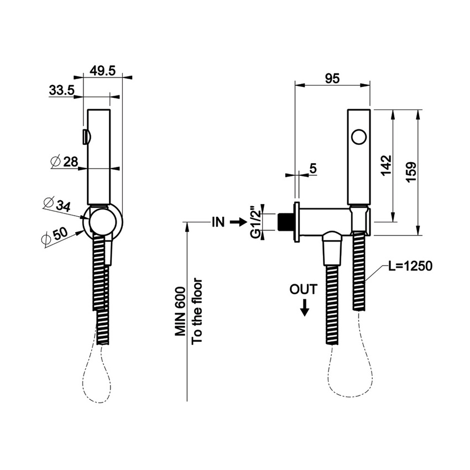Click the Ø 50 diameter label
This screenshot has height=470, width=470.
[55, 236]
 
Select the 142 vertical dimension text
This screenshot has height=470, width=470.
[387, 165]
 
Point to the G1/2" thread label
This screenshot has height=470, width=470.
[255, 222]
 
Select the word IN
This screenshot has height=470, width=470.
[217, 222]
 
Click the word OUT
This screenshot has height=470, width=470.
[304, 289]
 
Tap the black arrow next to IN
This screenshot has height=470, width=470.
[237, 222]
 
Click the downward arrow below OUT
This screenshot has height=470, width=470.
[304, 309]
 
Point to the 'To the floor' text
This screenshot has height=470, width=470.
[197, 311]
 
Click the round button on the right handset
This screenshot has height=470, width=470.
[359, 137]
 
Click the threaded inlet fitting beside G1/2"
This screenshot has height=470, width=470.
[286, 222]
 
